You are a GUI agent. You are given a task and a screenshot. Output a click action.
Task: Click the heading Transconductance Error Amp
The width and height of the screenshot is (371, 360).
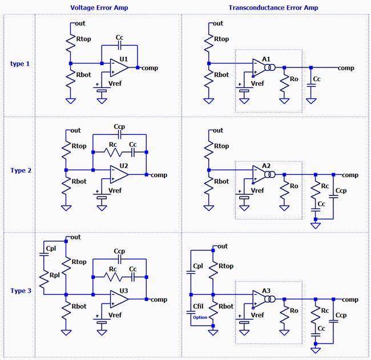coord(273,7)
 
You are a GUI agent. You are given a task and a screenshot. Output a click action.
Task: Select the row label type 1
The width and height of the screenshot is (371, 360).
coord(20,63)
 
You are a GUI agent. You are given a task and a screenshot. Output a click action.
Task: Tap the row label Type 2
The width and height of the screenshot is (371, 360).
coord(20,170)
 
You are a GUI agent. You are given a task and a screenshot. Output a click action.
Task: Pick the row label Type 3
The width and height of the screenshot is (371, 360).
coord(20,291)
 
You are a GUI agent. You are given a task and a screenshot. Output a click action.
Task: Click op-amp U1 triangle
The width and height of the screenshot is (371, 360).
coord(119,67)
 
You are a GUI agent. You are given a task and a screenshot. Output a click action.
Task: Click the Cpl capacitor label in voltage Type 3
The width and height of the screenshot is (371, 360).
coord(50,249)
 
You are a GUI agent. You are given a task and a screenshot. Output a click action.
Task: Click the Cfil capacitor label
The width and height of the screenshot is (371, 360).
coord(199,307)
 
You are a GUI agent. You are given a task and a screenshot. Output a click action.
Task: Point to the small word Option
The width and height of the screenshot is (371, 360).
coord(200,317)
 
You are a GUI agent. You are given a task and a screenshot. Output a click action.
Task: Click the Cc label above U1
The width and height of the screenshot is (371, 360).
coord(119,38)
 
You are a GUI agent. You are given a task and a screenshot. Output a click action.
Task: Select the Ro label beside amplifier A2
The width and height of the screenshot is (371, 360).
coord(295,186)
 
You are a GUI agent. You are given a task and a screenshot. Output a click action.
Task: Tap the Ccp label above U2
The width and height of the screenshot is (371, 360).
coord(119,126)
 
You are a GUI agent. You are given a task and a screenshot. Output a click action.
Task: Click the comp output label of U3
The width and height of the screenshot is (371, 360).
coord(159,299)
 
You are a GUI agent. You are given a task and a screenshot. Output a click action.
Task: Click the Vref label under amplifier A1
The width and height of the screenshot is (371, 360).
coord(257,83)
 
